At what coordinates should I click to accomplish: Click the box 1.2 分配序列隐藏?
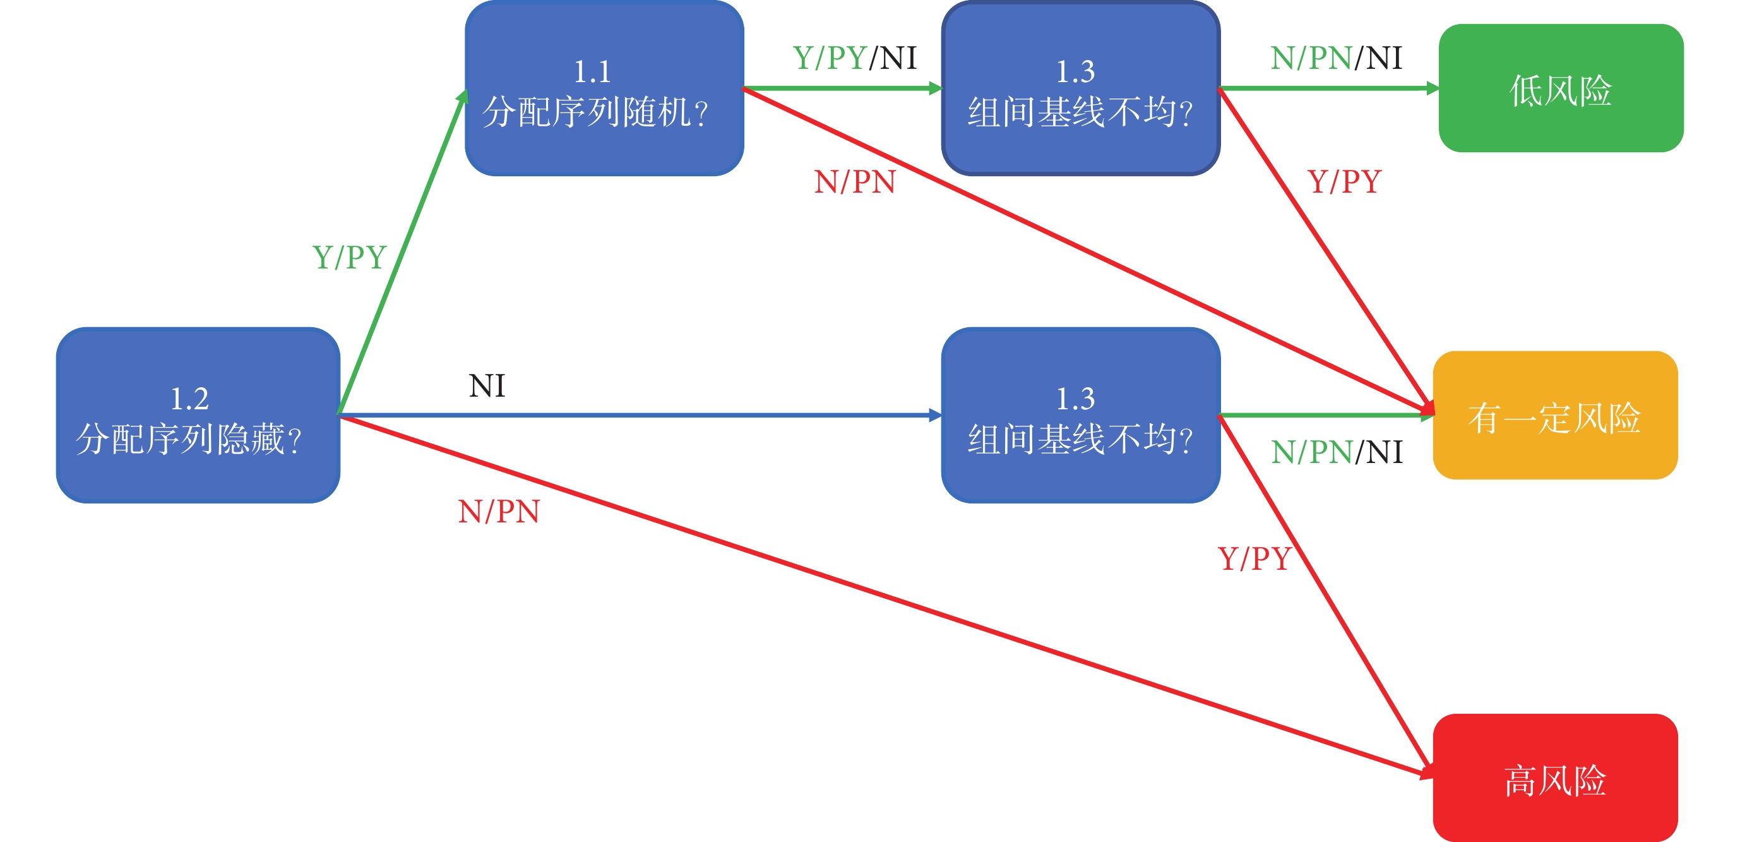(x=198, y=415)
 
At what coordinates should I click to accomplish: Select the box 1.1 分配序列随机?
(x=605, y=88)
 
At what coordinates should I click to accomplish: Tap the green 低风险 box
(x=1561, y=88)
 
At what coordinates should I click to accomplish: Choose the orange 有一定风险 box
(x=1556, y=415)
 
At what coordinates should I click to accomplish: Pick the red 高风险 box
(x=1556, y=778)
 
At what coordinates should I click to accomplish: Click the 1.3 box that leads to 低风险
(x=1081, y=88)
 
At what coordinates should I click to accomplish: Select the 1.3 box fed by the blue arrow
(x=1081, y=415)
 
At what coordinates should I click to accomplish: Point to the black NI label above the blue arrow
(x=487, y=386)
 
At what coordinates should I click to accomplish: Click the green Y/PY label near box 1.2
(x=349, y=258)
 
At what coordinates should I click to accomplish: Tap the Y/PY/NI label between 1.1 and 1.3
(x=854, y=58)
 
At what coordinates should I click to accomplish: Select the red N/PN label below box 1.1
(x=855, y=182)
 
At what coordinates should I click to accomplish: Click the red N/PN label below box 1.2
(x=499, y=512)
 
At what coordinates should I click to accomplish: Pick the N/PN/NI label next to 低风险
(x=1336, y=58)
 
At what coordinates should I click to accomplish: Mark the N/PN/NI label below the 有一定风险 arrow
(x=1337, y=452)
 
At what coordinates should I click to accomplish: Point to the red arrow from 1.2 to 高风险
(x=887, y=596)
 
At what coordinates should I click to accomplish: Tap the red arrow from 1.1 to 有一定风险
(x=1089, y=250)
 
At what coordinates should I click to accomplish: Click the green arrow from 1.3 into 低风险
(x=1330, y=88)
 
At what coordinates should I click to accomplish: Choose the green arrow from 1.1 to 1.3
(x=843, y=88)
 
